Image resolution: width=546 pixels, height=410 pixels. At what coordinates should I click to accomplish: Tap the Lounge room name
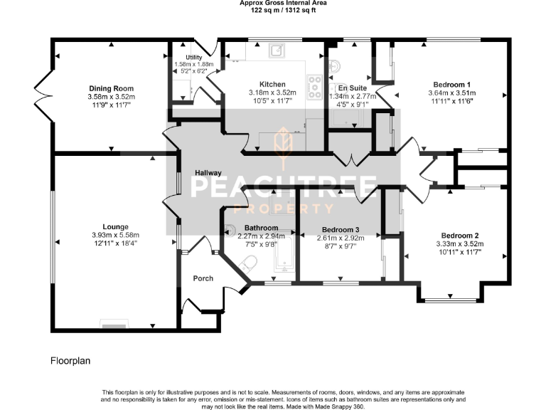point(114,227)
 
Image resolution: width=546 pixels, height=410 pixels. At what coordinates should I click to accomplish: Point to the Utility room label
point(194,57)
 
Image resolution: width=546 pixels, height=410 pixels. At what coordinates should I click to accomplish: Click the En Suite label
point(352,88)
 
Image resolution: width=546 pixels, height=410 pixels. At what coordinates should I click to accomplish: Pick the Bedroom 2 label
point(459,235)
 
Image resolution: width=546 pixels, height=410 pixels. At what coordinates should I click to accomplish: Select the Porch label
point(203,278)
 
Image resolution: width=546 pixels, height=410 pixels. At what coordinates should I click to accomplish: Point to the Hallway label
point(209,173)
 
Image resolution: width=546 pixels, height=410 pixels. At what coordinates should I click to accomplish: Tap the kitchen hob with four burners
point(314,87)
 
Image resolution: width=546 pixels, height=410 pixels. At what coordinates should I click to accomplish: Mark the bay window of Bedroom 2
point(446,296)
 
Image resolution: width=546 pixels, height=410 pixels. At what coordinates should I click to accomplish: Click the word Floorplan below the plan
point(70,361)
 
